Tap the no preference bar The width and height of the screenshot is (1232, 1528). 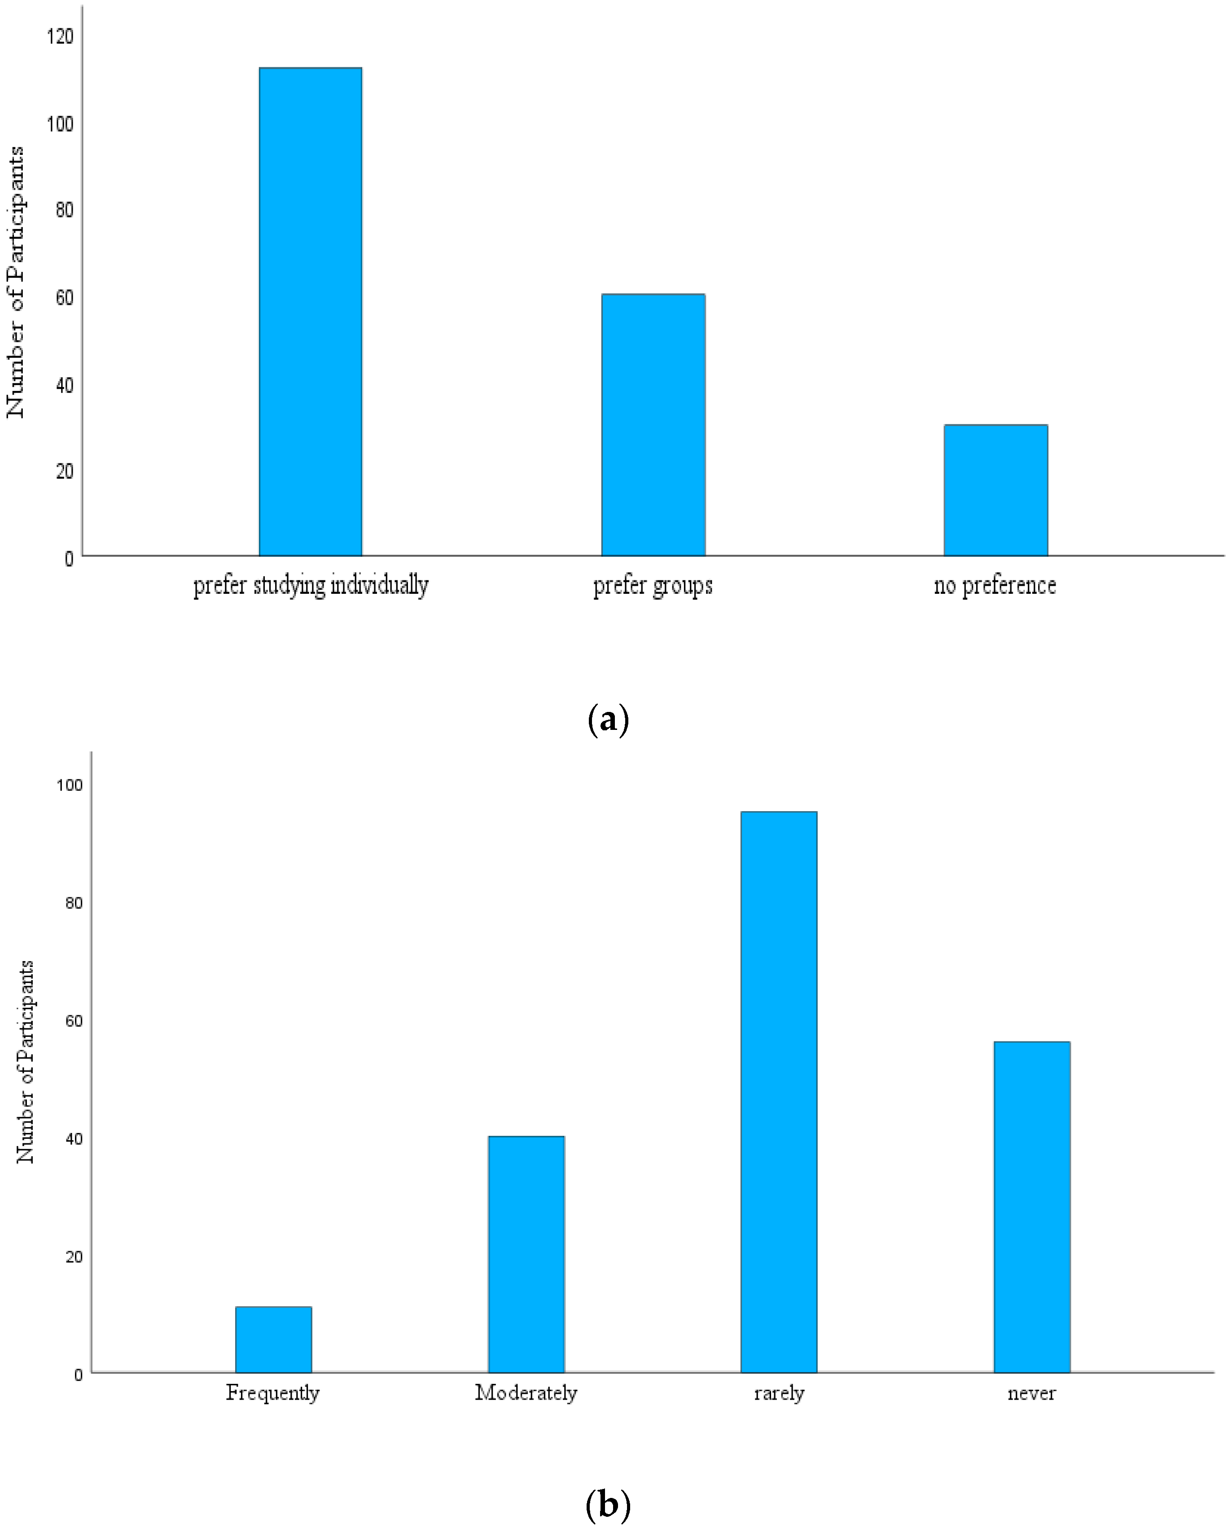click(x=995, y=490)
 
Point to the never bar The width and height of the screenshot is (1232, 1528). click(x=1031, y=1207)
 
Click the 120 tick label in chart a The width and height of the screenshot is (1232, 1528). click(x=60, y=36)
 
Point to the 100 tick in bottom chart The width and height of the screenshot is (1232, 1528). click(x=70, y=785)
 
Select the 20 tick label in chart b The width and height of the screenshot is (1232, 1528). click(x=74, y=1256)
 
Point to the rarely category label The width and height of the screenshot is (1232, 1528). click(x=779, y=1393)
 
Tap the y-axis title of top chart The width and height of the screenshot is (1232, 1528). click(x=16, y=282)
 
